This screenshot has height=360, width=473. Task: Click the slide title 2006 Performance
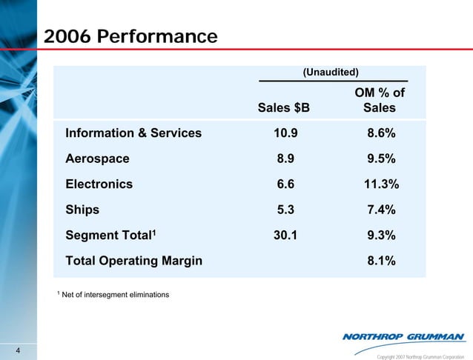tap(130, 36)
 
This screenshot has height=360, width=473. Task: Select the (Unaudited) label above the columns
tap(331, 72)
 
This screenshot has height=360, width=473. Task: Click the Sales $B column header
tap(284, 108)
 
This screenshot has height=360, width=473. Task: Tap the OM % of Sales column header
tap(379, 100)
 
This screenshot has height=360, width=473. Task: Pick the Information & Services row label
tap(133, 133)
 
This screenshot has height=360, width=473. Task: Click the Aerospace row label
tap(97, 159)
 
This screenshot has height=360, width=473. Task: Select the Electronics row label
tap(99, 184)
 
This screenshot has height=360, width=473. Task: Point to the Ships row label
tap(82, 210)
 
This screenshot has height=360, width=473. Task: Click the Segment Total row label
tap(110, 235)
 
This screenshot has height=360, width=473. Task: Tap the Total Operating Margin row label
tap(133, 261)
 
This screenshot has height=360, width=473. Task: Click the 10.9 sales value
tap(284, 133)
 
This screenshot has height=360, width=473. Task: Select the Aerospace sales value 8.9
tap(284, 159)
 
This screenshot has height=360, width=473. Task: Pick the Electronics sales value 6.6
tap(284, 184)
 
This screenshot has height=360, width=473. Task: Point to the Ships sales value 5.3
tap(284, 210)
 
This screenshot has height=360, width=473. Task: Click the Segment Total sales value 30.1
tap(284, 236)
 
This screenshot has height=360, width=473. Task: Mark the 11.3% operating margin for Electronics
tap(379, 184)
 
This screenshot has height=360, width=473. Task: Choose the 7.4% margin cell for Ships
tap(379, 210)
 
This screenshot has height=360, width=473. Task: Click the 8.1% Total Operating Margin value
tap(379, 261)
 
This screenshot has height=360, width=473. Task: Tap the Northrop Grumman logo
tap(403, 338)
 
